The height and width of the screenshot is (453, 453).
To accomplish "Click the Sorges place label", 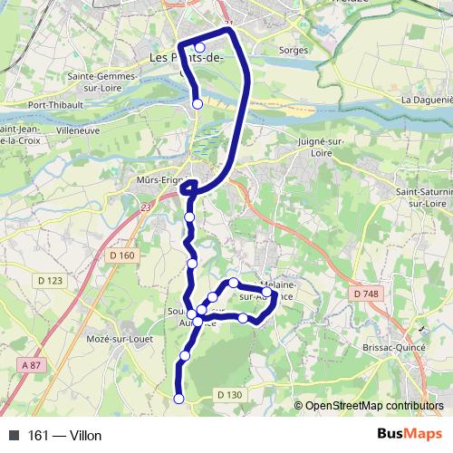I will pos(294,51).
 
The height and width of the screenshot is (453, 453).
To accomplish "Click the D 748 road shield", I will pos(366,294).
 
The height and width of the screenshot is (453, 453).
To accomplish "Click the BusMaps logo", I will pos(410,435).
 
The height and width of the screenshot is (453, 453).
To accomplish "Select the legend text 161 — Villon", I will pos(65,436).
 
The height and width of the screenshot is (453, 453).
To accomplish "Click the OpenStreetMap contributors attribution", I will pos(372,406).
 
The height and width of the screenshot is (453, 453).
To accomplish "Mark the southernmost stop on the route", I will pos(178,399).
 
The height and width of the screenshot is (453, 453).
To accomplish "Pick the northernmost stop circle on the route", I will pos(200,48).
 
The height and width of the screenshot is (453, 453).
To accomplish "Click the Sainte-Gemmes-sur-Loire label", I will pos(101,82).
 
